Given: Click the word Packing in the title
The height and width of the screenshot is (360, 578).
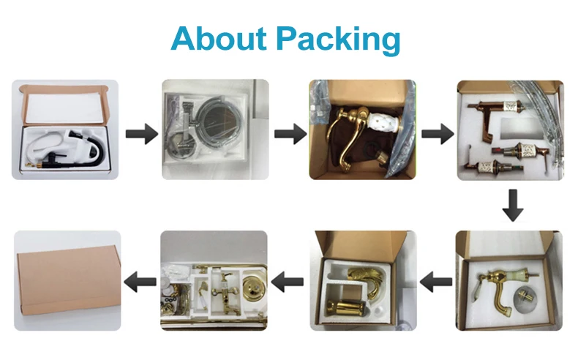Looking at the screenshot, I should [339, 40].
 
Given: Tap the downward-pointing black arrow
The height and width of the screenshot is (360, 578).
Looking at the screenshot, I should [512, 206].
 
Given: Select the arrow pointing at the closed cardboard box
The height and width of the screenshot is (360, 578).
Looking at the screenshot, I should [141, 280].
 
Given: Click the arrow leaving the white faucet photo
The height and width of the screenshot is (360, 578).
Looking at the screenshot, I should [140, 134].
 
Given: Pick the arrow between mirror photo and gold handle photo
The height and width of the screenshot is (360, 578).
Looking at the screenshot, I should [289, 134].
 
